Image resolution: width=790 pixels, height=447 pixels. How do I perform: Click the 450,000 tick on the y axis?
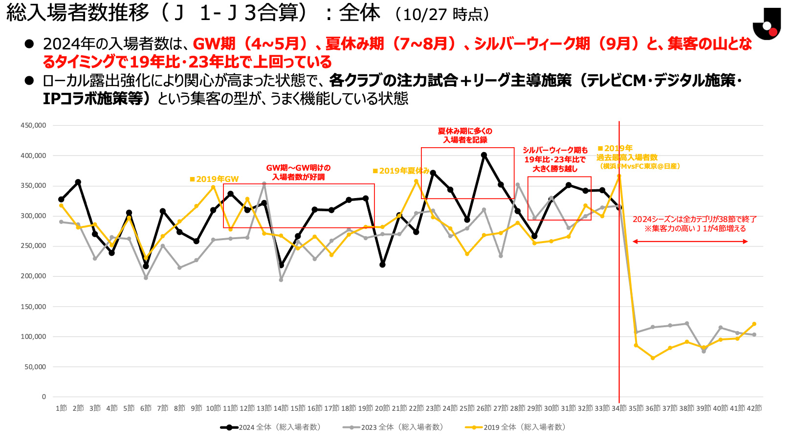coord(33,125)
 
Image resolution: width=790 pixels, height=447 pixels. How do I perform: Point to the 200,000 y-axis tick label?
coord(33,276)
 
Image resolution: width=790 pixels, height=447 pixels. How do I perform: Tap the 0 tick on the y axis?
coord(44,397)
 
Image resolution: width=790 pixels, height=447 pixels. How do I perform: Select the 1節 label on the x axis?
coord(61,408)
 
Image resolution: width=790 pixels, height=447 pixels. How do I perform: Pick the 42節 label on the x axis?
coord(754,408)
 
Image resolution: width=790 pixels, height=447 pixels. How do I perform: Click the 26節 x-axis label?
coord(483,408)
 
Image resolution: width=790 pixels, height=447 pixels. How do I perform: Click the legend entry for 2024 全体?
coord(271,427)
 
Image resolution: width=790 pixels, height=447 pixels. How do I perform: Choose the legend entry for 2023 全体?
coord(393,427)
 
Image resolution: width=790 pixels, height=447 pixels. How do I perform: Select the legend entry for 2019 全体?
coord(516,427)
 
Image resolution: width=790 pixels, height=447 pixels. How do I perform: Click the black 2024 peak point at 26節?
coord(484,155)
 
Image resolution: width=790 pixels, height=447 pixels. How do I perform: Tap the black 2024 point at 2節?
coord(78,182)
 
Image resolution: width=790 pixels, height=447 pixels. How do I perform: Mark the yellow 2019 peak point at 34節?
coord(619,176)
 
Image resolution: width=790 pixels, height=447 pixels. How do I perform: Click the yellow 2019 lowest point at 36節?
coord(653,358)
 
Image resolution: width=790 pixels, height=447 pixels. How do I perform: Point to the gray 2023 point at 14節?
coord(281,280)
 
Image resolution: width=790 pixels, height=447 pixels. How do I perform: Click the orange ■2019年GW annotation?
coord(214,179)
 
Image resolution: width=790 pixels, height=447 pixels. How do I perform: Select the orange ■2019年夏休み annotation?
coord(401,171)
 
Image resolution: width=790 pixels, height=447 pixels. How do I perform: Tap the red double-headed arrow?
coord(690,242)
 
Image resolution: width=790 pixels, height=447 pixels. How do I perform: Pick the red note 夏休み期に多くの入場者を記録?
coord(465,135)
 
